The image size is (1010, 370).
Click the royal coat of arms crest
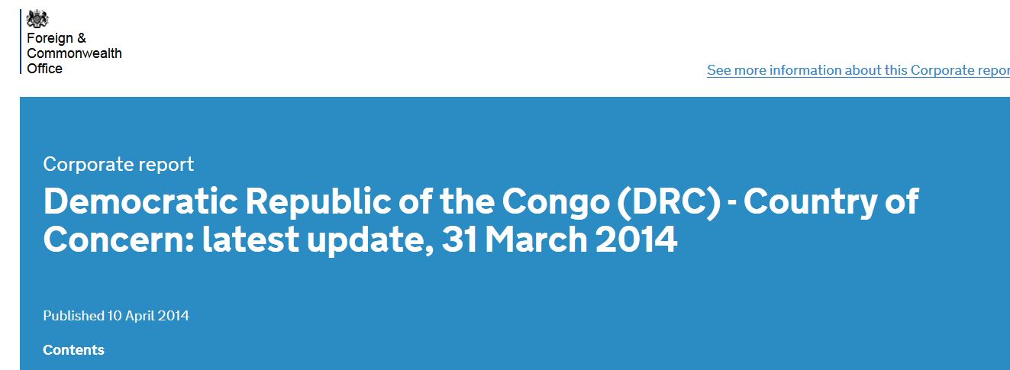tap(37, 19)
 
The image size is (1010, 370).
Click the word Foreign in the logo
tap(50, 38)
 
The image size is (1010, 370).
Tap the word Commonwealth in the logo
tap(74, 53)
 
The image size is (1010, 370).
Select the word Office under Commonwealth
tap(44, 69)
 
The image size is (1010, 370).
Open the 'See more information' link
tap(858, 70)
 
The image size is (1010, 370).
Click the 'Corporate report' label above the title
tap(118, 165)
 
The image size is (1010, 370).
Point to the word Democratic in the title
tap(140, 201)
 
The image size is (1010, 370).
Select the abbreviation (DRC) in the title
tap(669, 202)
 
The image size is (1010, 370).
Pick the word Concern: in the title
tap(119, 240)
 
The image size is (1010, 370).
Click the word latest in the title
tap(250, 240)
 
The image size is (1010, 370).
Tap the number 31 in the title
tap(459, 240)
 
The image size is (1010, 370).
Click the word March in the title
tap(536, 240)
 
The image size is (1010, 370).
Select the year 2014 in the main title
tap(636, 240)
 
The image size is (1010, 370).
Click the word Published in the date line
tap(74, 316)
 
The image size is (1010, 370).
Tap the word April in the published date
tap(140, 316)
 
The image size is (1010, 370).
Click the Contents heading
tap(73, 349)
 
